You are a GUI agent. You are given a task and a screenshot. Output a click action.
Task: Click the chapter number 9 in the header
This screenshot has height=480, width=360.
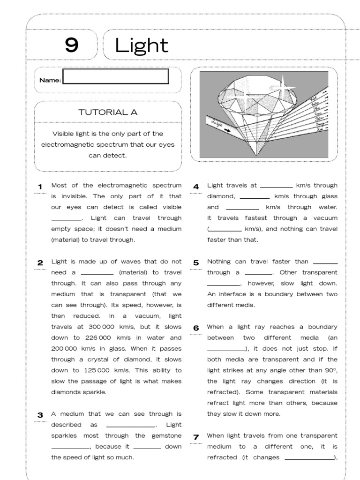(71, 45)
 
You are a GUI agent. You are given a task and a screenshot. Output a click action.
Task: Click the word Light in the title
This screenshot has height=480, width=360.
(142, 45)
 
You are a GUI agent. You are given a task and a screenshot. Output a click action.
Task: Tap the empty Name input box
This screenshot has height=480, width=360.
(115, 76)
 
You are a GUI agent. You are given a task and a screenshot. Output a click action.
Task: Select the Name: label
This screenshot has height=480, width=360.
(50, 80)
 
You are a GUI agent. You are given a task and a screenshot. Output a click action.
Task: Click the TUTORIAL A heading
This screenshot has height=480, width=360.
(108, 112)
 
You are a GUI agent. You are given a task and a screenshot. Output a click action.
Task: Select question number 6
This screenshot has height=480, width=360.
(196, 328)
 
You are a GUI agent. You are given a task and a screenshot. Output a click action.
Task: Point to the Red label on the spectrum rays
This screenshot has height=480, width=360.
(321, 128)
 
